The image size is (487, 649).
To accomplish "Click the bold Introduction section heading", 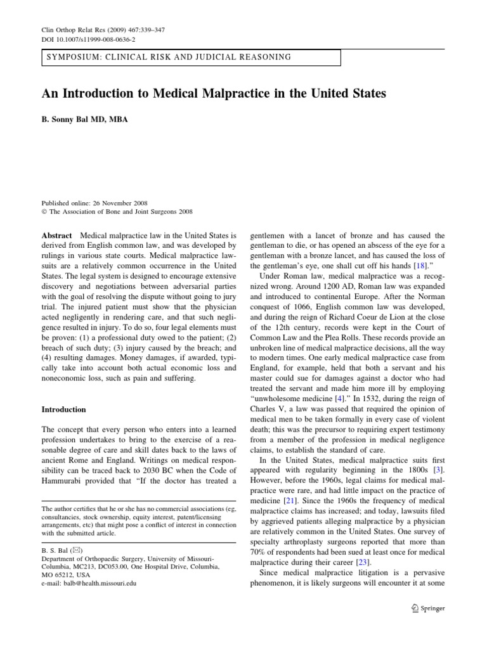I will (x=63, y=409).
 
